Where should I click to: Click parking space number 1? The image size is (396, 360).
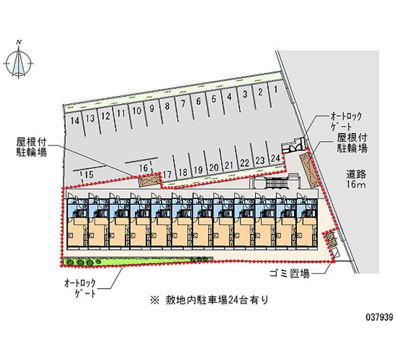tap(275, 90)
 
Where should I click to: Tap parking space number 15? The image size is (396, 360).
tap(89, 174)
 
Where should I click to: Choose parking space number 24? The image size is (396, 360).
tap(276, 158)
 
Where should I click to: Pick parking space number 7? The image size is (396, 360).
tap(183, 103)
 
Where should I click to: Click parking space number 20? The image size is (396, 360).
tap(213, 167)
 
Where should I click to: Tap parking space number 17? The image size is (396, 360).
tap(167, 174)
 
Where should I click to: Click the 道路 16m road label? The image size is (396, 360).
tap(355, 179)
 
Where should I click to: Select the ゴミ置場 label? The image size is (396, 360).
tap(290, 273)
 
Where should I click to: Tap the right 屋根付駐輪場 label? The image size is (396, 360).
tap(352, 143)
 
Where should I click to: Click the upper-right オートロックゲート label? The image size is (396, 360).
tap(346, 121)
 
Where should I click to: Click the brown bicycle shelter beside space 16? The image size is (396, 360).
tap(150, 180)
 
